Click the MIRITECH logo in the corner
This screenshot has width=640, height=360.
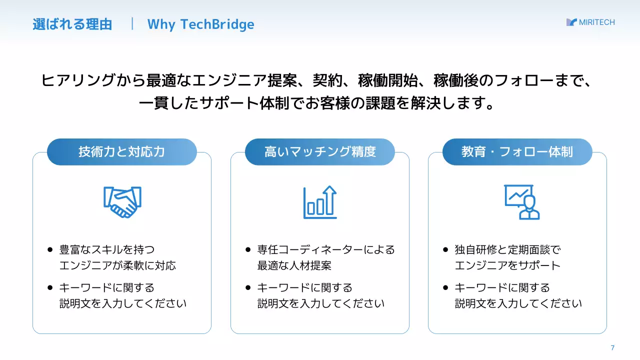pyautogui.click(x=590, y=22)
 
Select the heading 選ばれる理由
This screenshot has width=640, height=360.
pyautogui.click(x=72, y=24)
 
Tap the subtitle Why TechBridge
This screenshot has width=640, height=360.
pyautogui.click(x=200, y=24)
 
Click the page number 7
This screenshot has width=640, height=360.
pyautogui.click(x=612, y=348)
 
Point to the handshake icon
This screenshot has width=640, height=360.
pyautogui.click(x=122, y=201)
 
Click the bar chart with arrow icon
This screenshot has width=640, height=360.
pyautogui.click(x=320, y=202)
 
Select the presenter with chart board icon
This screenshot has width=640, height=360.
pyautogui.click(x=522, y=202)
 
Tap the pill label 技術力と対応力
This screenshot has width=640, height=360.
pyautogui.click(x=121, y=152)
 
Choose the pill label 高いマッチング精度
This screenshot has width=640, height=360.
pyautogui.click(x=320, y=152)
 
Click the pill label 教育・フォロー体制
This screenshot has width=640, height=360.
pyautogui.click(x=517, y=152)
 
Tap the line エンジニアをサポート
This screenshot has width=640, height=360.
pyautogui.click(x=507, y=265)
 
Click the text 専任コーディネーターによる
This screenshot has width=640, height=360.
pyautogui.click(x=326, y=249)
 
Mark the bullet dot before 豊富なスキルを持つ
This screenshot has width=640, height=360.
pyautogui.click(x=50, y=249)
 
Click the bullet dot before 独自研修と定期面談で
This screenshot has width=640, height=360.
pyautogui.click(x=445, y=249)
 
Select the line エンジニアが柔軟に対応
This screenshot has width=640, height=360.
pyautogui.click(x=118, y=265)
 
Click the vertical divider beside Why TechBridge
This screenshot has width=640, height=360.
pyautogui.click(x=132, y=24)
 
